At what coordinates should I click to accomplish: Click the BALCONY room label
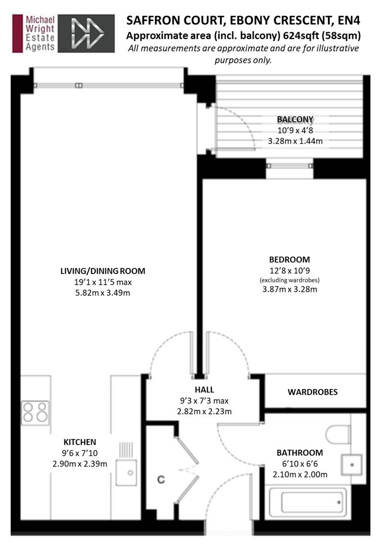tap(295, 120)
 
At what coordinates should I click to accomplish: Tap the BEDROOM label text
tap(290, 259)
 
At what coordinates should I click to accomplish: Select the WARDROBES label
tap(313, 392)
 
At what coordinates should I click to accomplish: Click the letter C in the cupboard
tap(161, 480)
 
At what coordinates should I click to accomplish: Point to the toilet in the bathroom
tap(338, 435)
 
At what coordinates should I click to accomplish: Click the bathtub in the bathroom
tap(307, 502)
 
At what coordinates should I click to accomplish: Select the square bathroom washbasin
tap(352, 464)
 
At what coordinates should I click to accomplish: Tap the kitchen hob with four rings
tap(35, 413)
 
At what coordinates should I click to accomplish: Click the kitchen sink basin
tap(126, 473)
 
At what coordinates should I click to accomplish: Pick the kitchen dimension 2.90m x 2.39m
tap(80, 464)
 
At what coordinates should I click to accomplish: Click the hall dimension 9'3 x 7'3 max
tap(205, 401)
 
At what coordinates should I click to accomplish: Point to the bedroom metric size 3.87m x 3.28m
tap(290, 289)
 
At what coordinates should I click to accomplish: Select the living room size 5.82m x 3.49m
tap(102, 293)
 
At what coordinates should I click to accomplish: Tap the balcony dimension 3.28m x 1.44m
tap(295, 141)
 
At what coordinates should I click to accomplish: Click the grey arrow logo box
tap(86, 33)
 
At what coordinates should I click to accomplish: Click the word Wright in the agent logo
tap(40, 28)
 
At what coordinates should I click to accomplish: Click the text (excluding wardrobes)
tap(290, 280)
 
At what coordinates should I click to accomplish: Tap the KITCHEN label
tap(80, 442)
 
